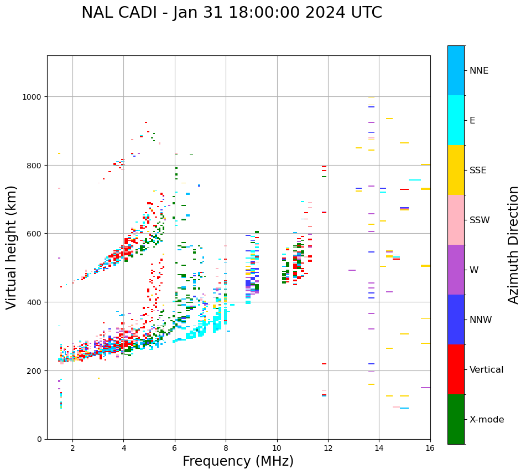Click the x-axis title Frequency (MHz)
click(238, 461)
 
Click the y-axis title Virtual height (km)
click(12, 247)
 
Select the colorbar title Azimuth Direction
click(514, 245)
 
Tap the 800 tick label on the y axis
click(35, 165)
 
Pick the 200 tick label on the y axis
click(35, 370)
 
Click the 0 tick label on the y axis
click(40, 439)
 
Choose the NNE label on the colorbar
click(479, 70)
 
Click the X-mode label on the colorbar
click(487, 419)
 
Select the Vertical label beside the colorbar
click(487, 369)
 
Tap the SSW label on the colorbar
click(480, 220)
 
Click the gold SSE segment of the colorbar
click(456, 170)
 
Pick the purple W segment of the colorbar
click(456, 270)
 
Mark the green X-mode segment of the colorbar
click(456, 419)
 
